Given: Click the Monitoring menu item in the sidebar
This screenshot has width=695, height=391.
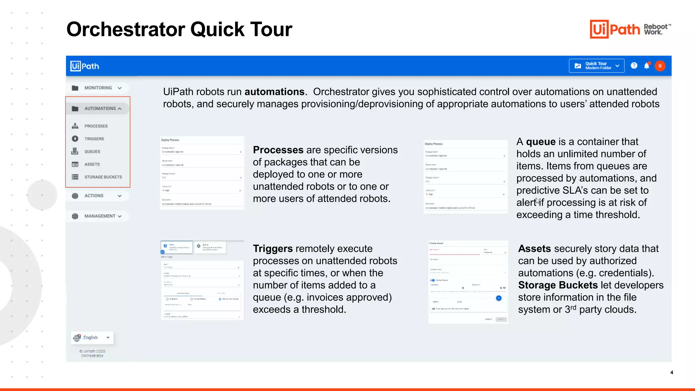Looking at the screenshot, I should pos(98,88).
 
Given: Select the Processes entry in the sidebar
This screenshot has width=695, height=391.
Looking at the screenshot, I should pos(96,126).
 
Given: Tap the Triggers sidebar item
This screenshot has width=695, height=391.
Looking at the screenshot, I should pos(94,139).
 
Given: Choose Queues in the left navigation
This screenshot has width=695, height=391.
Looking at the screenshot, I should pos(92,151).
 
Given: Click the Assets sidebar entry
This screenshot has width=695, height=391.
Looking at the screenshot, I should pos(92,164).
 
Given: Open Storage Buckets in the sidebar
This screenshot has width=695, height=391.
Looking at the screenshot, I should pos(103,177).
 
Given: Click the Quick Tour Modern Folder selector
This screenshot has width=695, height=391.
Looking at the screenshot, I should pos(597,66).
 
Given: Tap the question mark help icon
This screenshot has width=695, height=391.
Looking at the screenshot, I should pos(634,66).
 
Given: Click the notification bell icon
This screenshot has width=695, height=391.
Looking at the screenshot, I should pos(647,66).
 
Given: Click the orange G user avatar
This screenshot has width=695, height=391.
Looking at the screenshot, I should pos(660,66).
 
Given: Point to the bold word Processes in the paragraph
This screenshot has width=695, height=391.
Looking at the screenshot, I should pos(278,150).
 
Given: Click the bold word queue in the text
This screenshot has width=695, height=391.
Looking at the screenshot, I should pos(541,142).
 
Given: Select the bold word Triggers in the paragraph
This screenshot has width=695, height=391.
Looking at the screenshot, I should pos(273,249).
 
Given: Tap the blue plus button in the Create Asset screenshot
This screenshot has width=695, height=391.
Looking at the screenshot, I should pos(499,298).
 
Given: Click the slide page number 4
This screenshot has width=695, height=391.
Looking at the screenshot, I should pos(672,372).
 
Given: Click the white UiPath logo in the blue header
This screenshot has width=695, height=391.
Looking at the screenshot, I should pos(85,66).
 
